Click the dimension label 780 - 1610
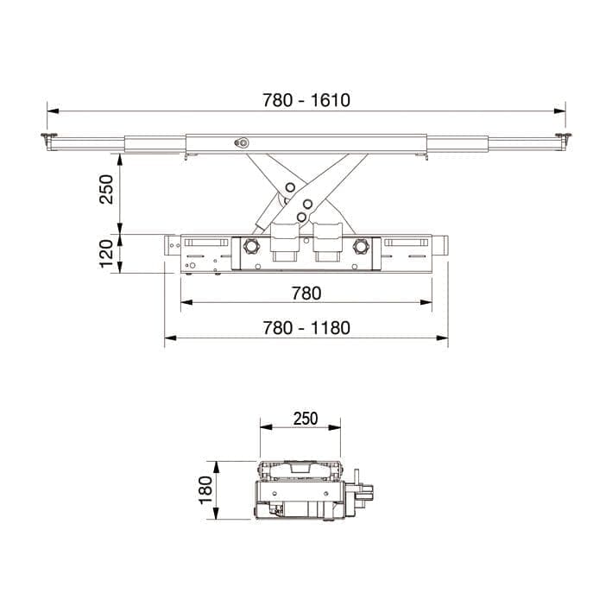tap(306, 100)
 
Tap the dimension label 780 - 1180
tap(306, 328)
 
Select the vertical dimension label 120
tap(106, 254)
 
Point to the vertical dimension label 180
tap(205, 490)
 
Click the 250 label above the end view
tap(306, 419)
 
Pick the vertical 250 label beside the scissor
tap(106, 189)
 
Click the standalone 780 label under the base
tap(306, 293)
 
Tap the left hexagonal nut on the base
tap(250, 247)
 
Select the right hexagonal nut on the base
tap(361, 247)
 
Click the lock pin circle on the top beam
tap(243, 143)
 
